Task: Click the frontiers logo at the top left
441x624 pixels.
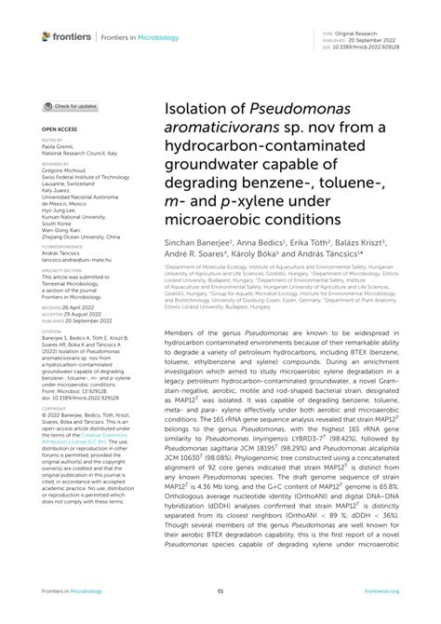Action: pos(67,35)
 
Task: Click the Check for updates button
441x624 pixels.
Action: pos(70,106)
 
